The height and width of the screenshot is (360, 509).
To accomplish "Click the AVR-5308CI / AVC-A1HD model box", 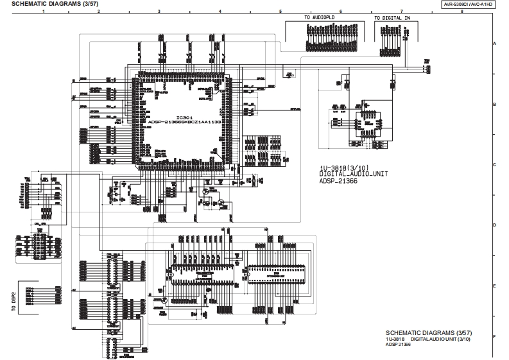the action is tap(472, 4).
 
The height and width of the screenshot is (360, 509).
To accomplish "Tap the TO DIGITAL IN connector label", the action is tap(392, 19).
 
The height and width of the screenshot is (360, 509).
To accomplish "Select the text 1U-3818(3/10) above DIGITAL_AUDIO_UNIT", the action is tap(343, 168).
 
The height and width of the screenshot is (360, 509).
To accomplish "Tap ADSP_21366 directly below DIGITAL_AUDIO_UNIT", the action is tap(338, 180).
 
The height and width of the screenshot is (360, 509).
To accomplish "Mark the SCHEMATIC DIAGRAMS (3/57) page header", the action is tap(39, 4).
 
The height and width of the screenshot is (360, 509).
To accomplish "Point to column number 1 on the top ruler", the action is tap(43, 12).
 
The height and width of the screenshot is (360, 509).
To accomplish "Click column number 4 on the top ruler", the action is tap(220, 12).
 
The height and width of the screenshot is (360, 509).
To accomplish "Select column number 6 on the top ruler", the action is tap(341, 12).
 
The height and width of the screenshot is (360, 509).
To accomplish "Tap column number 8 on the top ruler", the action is tap(462, 12).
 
